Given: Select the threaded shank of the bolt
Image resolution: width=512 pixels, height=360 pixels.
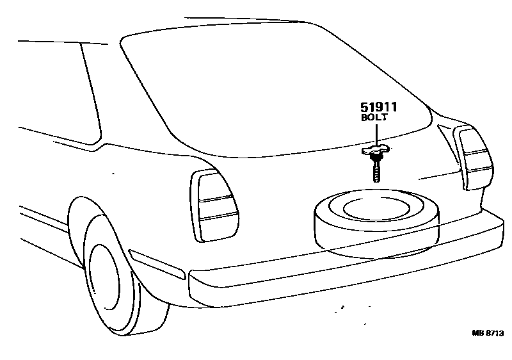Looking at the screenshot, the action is pyautogui.click(x=376, y=170).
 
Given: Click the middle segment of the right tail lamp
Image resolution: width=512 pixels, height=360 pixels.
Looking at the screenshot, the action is pyautogui.click(x=478, y=159).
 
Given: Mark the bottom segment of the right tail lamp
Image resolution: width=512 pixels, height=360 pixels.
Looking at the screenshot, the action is pyautogui.click(x=480, y=176).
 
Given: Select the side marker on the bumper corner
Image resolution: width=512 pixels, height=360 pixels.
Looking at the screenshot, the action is pyautogui.click(x=156, y=264).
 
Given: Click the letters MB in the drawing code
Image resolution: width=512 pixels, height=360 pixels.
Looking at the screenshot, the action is pyautogui.click(x=478, y=334).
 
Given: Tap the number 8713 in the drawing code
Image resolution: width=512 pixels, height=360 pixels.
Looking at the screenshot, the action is pyautogui.click(x=495, y=334).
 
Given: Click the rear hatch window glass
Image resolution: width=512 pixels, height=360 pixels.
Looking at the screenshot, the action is pyautogui.click(x=275, y=90).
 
